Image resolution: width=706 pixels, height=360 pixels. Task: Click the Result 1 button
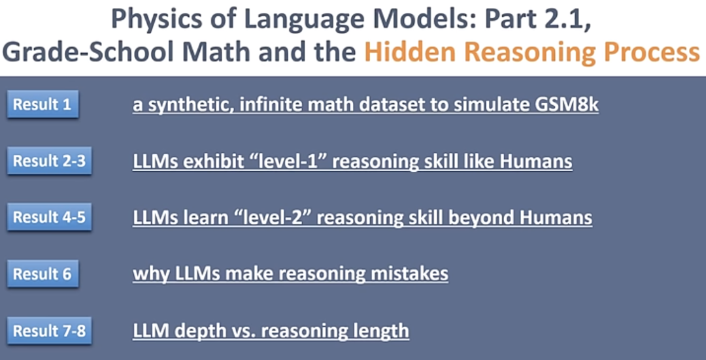tap(42, 105)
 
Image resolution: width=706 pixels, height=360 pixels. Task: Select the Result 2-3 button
tap(49, 161)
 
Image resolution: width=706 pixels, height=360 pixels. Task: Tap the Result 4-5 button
tap(49, 218)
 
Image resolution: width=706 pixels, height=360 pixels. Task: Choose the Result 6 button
tap(42, 274)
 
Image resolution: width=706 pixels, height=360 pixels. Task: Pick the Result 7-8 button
tap(49, 331)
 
